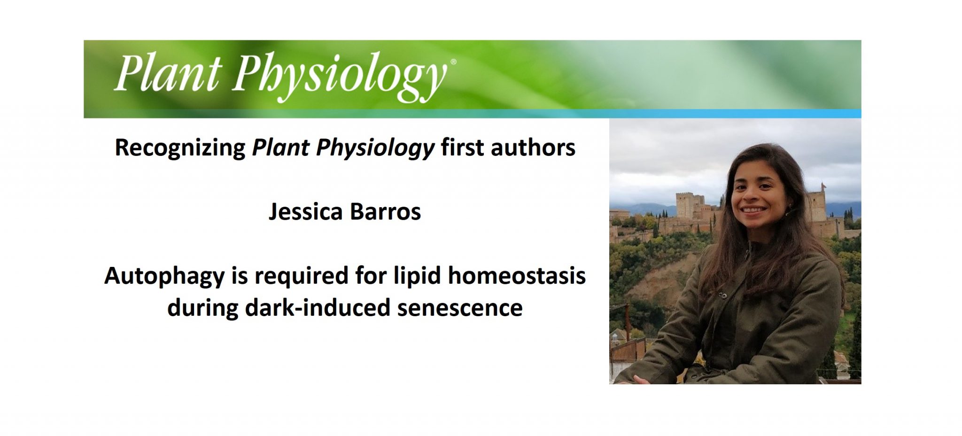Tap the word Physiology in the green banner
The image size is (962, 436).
coord(338,75)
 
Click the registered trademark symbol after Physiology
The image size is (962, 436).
coord(453,62)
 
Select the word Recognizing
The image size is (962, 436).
coord(180,148)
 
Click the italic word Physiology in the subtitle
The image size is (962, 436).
coord(375,148)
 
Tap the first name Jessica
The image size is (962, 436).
coord(305,211)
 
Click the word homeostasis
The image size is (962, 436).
coord(516,275)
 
